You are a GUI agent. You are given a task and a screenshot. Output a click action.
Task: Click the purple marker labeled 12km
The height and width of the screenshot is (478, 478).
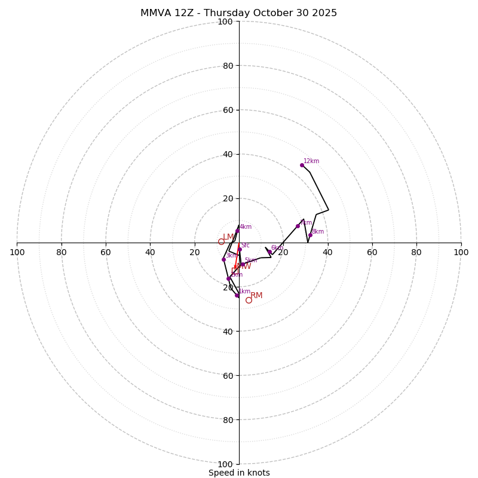(302, 165)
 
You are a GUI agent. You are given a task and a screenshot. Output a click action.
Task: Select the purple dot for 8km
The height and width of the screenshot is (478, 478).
(310, 235)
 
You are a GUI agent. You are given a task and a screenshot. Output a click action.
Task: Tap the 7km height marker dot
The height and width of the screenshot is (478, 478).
(298, 226)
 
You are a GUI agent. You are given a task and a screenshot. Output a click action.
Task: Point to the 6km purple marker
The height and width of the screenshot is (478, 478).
(269, 252)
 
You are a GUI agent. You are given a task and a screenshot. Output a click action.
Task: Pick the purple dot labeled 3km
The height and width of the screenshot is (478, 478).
(223, 259)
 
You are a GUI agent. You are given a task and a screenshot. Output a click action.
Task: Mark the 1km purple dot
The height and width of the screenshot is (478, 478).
(237, 295)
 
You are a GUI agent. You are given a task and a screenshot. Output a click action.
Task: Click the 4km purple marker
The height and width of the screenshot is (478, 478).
(237, 231)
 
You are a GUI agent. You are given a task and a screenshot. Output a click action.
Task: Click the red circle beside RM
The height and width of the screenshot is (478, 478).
(249, 300)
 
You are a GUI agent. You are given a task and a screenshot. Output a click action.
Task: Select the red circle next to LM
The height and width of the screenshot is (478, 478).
(221, 241)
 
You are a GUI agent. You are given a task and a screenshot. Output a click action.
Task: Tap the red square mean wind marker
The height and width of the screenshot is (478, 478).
(235, 271)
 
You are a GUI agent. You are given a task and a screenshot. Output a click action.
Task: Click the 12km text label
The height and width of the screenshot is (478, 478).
(311, 161)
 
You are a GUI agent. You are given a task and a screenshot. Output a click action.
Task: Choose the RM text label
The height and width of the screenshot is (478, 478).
(256, 296)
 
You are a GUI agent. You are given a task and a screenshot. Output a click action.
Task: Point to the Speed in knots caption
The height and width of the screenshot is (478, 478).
(239, 473)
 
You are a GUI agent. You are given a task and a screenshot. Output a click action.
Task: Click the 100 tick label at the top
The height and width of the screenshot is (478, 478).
(225, 22)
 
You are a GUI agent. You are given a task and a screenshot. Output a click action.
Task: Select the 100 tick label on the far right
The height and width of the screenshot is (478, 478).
(461, 252)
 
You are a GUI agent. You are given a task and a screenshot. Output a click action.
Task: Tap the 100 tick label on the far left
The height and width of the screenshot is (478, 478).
(17, 252)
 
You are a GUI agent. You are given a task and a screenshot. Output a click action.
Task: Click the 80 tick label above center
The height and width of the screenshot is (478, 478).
(227, 66)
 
